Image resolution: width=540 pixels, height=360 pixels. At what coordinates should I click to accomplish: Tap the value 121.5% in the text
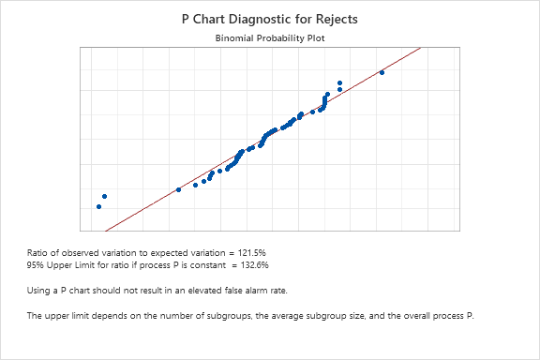tap(254, 252)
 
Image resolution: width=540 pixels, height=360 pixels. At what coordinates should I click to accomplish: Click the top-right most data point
tap(382, 72)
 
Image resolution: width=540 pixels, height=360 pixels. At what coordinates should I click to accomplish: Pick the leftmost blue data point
tap(97, 206)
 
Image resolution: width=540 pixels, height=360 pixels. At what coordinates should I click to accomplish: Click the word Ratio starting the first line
tap(38, 252)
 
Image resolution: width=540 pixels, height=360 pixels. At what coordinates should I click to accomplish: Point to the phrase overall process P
tap(442, 316)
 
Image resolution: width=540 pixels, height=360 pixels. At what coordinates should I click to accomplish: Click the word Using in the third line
tap(39, 291)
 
